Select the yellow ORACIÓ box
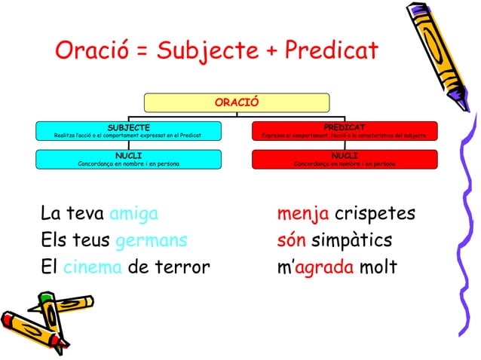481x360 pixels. [236, 102]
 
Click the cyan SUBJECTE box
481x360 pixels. [127, 131]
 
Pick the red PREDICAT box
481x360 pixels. [344, 131]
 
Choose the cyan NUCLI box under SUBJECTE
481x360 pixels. [127, 159]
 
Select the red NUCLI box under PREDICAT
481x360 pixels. [344, 159]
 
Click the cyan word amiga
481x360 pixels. [133, 215]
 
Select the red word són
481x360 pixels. [292, 242]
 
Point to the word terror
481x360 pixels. [182, 268]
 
